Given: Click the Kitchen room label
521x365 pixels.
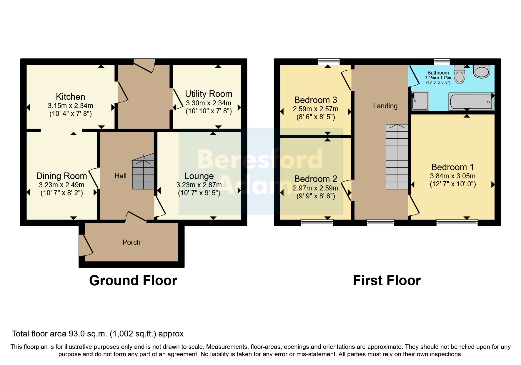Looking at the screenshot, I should point(70,97).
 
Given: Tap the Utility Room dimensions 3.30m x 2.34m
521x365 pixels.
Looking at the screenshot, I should point(208,103).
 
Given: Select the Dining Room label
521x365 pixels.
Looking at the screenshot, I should point(61,176).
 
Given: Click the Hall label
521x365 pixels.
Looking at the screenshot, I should point(121,176).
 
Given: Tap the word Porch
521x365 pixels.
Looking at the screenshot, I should point(131,242).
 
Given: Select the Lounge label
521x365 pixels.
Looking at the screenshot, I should point(199,176).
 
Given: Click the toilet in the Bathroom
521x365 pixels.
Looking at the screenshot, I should point(459,75).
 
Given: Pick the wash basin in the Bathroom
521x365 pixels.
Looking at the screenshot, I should point(482,72).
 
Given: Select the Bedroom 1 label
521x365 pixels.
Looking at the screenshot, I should point(452,167).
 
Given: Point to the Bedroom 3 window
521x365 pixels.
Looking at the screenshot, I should point(329,62).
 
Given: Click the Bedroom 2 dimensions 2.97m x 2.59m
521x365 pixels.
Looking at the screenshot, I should point(315,188).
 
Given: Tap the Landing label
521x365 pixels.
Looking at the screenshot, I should point(385,106).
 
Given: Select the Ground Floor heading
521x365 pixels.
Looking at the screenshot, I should point(133,281).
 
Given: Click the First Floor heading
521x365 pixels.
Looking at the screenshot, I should point(387,281).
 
